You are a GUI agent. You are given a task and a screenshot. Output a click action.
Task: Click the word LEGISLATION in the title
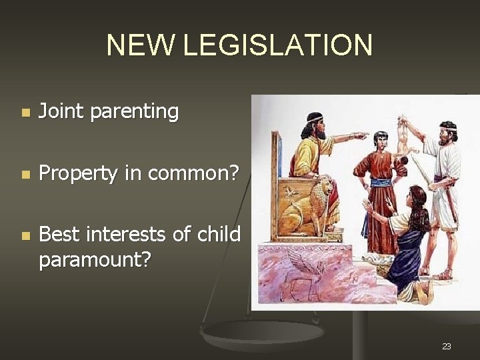coord(277,45)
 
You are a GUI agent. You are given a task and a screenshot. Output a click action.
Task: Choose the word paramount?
coord(95,259)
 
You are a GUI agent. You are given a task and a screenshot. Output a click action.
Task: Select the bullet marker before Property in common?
coord(25,175)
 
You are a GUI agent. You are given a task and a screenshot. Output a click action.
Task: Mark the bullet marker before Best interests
coord(25,236)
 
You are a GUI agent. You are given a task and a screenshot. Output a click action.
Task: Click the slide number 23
coord(446,346)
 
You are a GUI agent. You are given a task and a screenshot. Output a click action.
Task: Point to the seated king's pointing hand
coord(361,135)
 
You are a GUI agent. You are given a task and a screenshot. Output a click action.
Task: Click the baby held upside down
coord(403,137)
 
